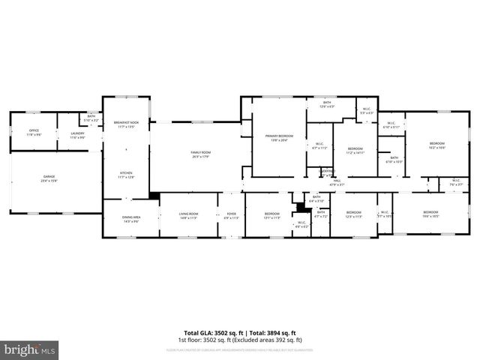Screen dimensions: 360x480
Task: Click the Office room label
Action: click(34, 132)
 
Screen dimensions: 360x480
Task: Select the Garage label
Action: click(49, 178)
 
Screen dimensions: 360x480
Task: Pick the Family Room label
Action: click(199, 154)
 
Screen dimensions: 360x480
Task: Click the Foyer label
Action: click(231, 216)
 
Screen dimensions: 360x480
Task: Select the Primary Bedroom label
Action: click(279, 138)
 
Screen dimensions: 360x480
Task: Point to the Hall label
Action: click(337, 181)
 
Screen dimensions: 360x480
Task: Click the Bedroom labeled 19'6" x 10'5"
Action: click(430, 214)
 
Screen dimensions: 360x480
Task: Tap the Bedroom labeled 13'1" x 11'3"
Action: click(271, 216)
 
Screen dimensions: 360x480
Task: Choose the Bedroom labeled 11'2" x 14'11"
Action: click(355, 150)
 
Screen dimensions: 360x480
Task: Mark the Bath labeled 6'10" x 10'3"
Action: click(394, 160)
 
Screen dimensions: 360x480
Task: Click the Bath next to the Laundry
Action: click(91, 118)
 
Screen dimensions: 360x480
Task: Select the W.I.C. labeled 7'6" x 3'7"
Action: click(455, 181)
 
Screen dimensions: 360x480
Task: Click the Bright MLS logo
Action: click(30, 349)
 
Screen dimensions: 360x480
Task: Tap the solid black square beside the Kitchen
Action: click(154, 196)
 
